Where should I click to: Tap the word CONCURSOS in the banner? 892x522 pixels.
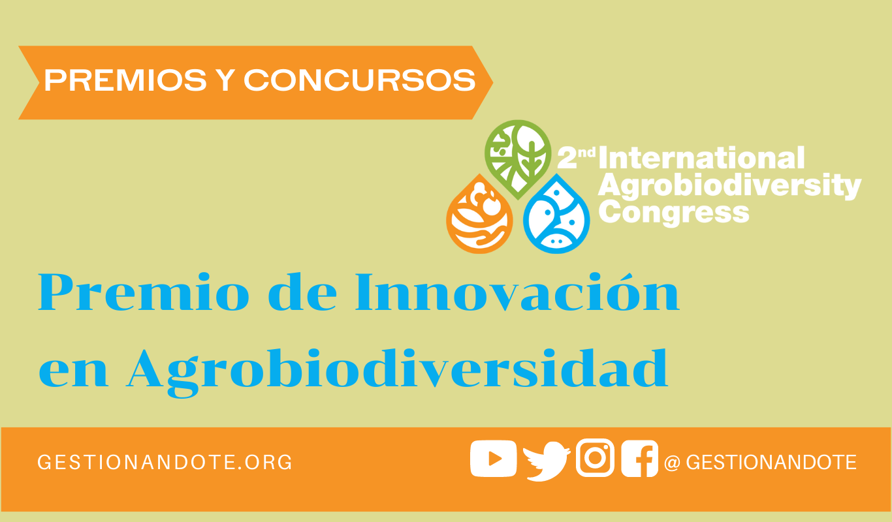(360, 80)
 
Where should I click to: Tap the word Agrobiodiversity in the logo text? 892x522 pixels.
(729, 186)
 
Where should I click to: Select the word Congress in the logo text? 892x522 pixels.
(674, 213)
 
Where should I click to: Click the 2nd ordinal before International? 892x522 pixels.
(576, 157)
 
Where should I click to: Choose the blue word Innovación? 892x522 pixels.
(517, 292)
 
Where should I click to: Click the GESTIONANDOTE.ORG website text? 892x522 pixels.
(165, 463)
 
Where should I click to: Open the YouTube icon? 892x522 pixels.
(494, 459)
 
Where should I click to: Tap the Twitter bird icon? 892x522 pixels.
(547, 461)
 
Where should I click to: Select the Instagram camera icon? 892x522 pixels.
(595, 457)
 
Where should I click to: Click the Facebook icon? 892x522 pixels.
(639, 458)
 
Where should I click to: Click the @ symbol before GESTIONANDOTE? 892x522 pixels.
(672, 463)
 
